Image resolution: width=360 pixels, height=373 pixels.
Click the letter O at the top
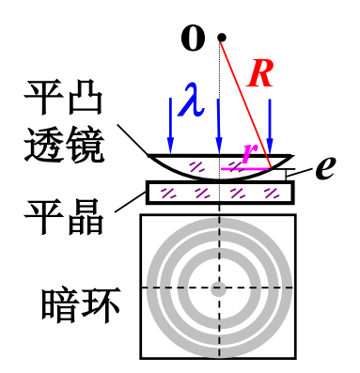click(x=193, y=39)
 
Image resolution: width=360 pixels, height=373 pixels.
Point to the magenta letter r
click(x=247, y=152)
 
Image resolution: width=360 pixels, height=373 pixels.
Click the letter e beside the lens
click(x=325, y=166)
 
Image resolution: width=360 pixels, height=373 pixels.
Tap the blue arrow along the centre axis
click(x=219, y=122)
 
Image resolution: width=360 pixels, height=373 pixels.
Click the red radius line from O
click(x=246, y=103)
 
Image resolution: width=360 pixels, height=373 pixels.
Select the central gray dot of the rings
click(x=219, y=288)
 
